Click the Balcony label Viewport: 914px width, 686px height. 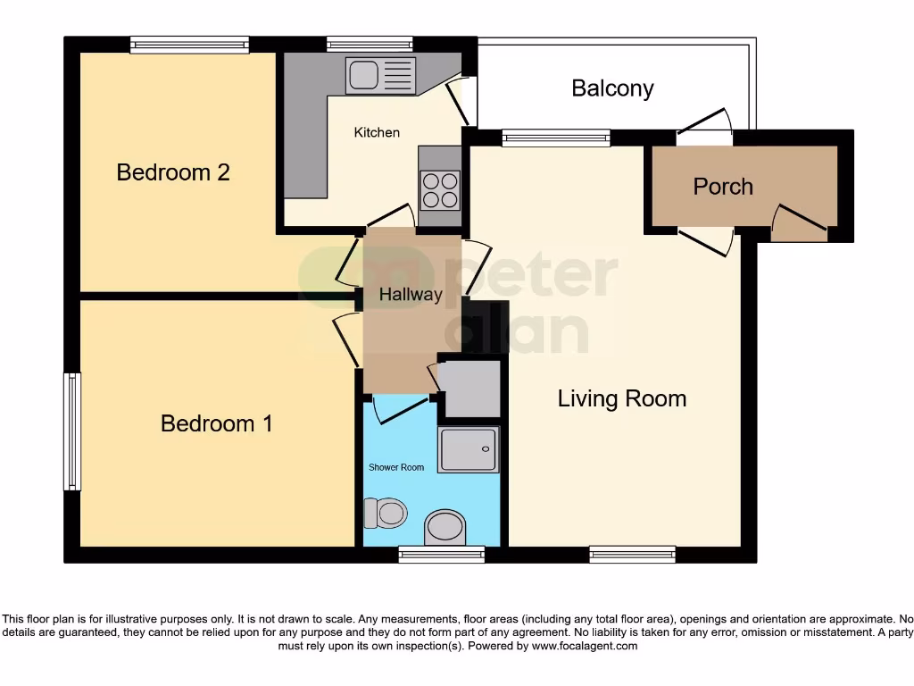(x=612, y=88)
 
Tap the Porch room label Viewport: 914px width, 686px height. (x=723, y=187)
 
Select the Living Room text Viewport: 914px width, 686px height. (x=622, y=398)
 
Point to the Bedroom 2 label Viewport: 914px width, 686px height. (x=173, y=171)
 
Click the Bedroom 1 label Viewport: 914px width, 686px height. (x=216, y=423)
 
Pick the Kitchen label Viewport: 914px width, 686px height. (x=377, y=132)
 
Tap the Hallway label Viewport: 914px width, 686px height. (x=411, y=295)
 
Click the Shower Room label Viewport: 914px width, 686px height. (x=396, y=467)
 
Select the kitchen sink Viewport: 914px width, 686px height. (x=379, y=75)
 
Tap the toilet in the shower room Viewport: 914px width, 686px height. (x=386, y=514)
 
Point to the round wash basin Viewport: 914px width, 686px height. (x=445, y=527)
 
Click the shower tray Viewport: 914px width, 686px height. (x=469, y=449)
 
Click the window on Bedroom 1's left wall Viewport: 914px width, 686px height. (x=72, y=431)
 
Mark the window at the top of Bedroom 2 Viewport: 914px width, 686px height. (x=189, y=45)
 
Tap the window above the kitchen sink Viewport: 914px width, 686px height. (x=370, y=44)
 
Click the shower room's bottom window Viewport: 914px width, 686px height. (x=441, y=555)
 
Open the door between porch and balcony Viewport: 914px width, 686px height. (x=705, y=131)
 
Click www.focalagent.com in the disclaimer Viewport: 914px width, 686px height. (x=584, y=645)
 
